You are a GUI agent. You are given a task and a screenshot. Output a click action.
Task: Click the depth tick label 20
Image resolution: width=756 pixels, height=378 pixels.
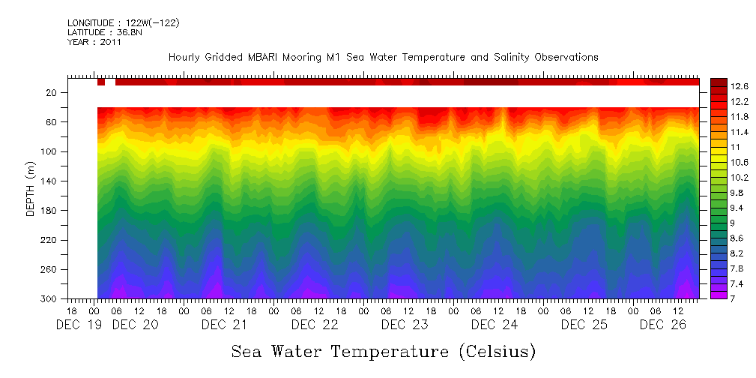(52, 92)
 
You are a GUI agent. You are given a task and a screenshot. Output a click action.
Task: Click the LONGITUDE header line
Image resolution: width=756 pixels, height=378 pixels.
(123, 23)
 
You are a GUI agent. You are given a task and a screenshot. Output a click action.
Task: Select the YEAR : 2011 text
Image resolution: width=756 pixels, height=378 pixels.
(94, 42)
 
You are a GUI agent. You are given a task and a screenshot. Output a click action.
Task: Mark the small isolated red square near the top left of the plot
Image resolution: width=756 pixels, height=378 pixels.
(100, 82)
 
